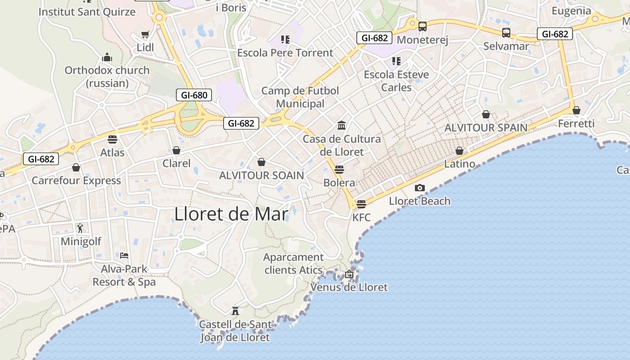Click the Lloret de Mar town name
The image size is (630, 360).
point(231,214)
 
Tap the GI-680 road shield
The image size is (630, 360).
point(193,95)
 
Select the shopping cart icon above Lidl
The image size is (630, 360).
point(145,34)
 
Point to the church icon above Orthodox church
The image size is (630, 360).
point(107,57)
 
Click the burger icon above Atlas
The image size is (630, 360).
point(112,139)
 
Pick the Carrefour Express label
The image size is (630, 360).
point(76,180)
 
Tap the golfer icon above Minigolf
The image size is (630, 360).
point(80,228)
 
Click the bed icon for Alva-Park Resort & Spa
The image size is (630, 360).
point(124,256)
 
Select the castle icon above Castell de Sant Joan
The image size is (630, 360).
point(235,310)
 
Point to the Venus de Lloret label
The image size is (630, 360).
point(349,287)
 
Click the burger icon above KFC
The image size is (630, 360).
point(361,204)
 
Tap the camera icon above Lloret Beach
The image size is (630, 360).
point(420,188)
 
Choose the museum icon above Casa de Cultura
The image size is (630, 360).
point(342,125)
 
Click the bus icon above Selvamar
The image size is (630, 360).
point(506,32)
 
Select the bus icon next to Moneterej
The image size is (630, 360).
point(422,27)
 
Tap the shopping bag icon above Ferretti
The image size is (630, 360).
point(576,110)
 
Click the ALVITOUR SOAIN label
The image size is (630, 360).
point(261,175)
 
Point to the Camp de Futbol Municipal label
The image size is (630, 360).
point(300,97)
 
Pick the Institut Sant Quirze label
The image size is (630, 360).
point(87,12)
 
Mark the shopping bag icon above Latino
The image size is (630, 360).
point(459,151)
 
